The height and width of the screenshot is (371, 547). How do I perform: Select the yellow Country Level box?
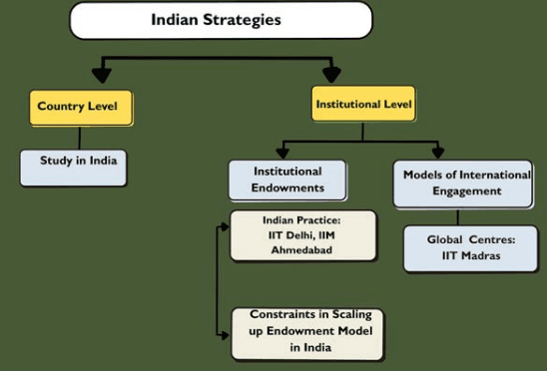tap(81, 106)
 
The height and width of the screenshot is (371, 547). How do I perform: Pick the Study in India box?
tap(74, 168)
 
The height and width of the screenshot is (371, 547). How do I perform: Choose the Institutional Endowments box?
tap(288, 179)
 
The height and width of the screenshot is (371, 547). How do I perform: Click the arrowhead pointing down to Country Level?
tap(98, 75)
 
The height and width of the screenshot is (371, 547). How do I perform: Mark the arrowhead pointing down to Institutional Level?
tap(332, 75)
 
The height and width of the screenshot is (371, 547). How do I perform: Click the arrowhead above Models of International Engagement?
tap(437, 151)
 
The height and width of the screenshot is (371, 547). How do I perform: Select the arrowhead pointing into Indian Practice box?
tap(224, 227)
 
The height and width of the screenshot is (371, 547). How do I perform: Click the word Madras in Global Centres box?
tap(482, 257)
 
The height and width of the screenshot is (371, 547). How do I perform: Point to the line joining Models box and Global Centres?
tap(458, 217)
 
